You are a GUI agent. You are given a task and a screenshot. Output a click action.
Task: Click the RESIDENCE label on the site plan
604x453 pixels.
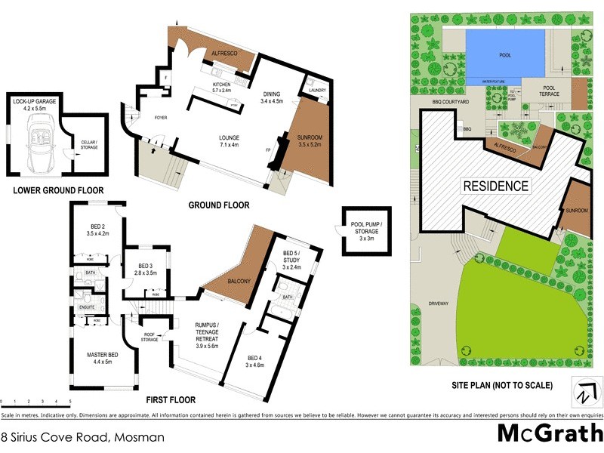pos(496,186)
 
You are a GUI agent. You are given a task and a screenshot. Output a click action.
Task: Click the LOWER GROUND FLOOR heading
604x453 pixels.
pos(58,190)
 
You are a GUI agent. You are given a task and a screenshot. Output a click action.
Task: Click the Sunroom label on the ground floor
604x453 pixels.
pos(310,140)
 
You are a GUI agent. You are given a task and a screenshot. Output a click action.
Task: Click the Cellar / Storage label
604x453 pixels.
pos(89,145)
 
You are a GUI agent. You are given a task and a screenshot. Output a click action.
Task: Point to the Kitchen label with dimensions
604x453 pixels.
pos(221,87)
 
